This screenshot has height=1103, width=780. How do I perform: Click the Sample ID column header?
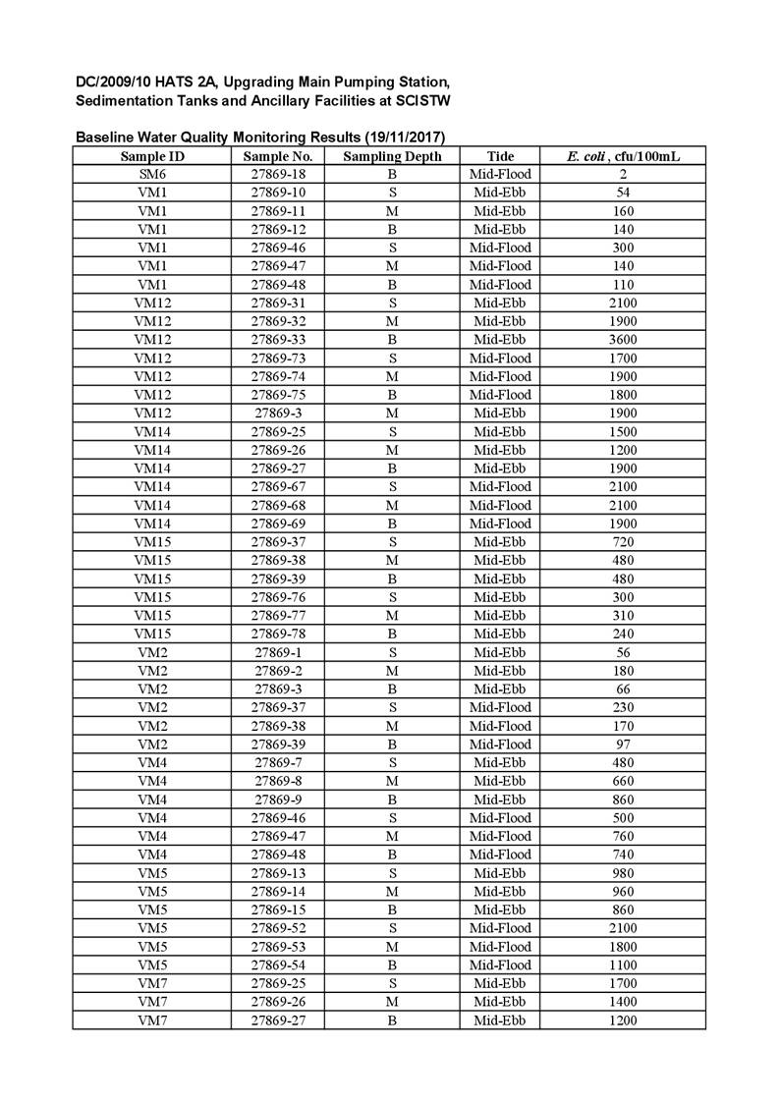(x=152, y=156)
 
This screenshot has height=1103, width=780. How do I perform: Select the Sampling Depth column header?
(x=392, y=156)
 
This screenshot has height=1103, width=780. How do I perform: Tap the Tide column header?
(x=500, y=156)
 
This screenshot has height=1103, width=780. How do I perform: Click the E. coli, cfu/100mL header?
(x=623, y=156)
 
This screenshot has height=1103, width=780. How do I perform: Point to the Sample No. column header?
(x=278, y=156)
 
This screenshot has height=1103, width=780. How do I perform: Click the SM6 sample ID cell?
(x=152, y=174)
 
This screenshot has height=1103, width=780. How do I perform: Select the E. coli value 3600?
(x=623, y=340)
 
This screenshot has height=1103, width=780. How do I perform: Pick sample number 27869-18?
(x=278, y=174)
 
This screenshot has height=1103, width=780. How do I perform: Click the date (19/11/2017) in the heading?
(x=404, y=137)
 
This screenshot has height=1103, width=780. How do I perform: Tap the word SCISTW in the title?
(x=422, y=101)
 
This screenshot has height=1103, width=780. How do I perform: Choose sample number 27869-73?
(x=278, y=358)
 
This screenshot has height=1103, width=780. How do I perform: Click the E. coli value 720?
(x=623, y=542)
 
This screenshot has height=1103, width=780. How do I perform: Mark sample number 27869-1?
(x=278, y=652)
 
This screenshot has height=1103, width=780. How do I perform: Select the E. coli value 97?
(x=623, y=745)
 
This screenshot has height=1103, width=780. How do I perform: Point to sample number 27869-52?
(x=278, y=928)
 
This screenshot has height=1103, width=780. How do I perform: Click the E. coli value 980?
(x=623, y=873)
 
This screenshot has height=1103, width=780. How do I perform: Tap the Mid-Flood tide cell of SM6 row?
(x=500, y=174)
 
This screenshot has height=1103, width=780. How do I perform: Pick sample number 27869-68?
(x=278, y=506)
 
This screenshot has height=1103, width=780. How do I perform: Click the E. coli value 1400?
(x=623, y=1002)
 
